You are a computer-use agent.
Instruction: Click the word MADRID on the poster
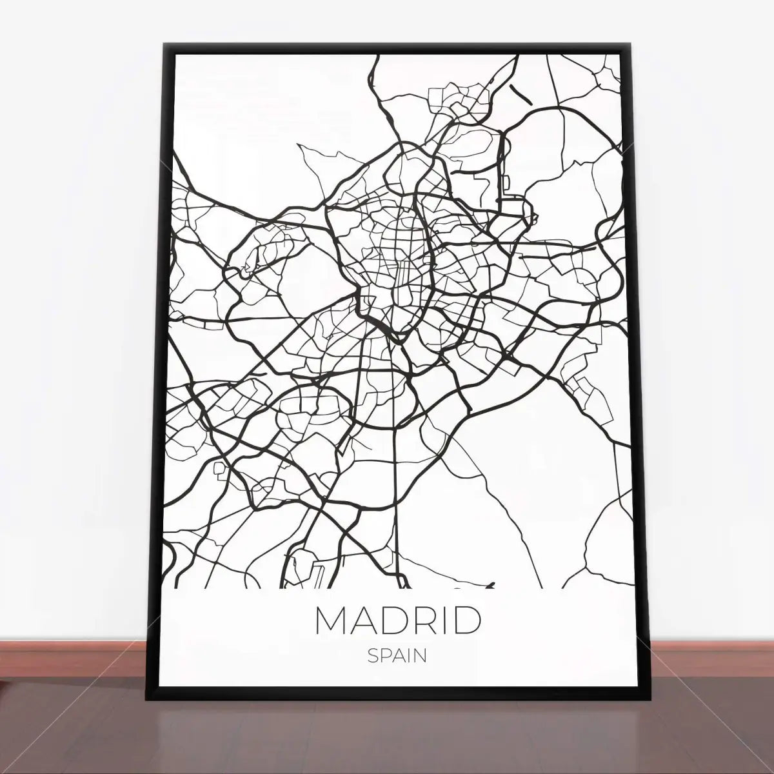click(x=398, y=620)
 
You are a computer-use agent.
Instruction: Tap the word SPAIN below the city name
click(x=397, y=656)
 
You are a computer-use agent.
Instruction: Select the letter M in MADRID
click(x=330, y=620)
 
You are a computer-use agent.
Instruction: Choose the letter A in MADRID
click(x=357, y=620)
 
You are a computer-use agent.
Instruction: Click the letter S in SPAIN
click(x=373, y=656)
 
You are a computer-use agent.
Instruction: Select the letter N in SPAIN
click(x=421, y=656)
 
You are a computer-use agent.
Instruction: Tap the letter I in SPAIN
click(x=410, y=656)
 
